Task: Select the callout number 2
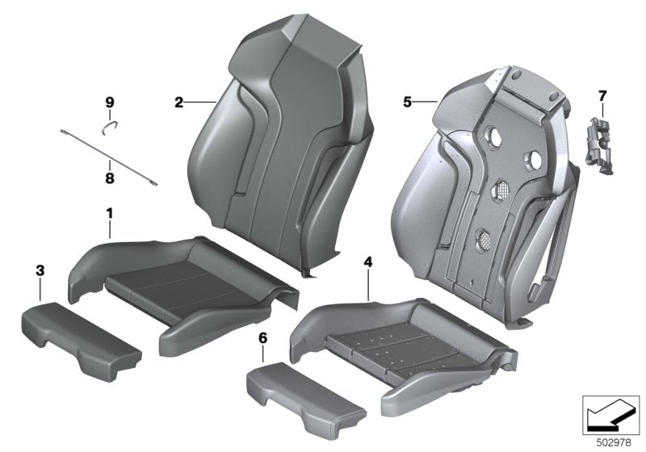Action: click(178, 103)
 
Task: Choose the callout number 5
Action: click(408, 103)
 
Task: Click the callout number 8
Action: click(110, 174)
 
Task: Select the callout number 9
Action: click(110, 103)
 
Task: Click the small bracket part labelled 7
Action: click(599, 144)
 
